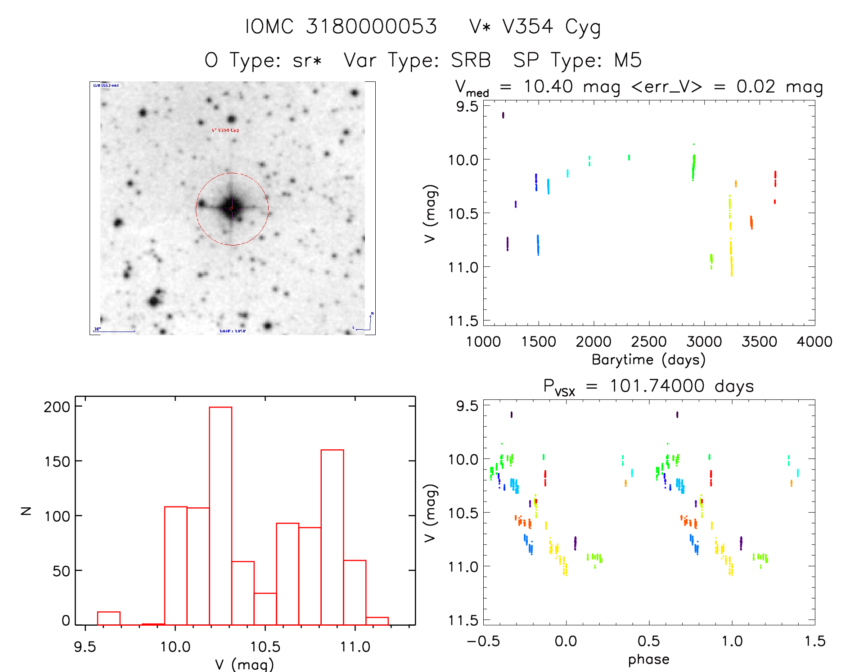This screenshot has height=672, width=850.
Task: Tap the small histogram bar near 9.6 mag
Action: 108,618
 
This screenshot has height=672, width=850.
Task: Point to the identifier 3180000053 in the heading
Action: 371,27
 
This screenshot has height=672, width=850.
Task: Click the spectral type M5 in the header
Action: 628,60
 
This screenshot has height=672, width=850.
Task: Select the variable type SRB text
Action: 471,60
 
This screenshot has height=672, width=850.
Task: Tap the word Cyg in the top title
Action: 583,27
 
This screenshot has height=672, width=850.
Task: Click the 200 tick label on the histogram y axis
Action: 57,407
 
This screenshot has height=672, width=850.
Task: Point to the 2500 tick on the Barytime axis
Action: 649,341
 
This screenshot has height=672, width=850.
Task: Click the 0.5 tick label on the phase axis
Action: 649,641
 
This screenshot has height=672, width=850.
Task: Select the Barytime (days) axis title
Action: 648,360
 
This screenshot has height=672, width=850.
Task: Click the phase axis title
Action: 648,659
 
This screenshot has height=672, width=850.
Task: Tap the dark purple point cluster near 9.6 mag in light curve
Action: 503,115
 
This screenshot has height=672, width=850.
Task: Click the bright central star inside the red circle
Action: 232,208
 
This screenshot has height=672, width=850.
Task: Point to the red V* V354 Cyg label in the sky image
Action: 225,130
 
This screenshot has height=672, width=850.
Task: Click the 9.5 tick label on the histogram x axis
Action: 85,647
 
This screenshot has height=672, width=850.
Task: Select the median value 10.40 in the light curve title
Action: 548,86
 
